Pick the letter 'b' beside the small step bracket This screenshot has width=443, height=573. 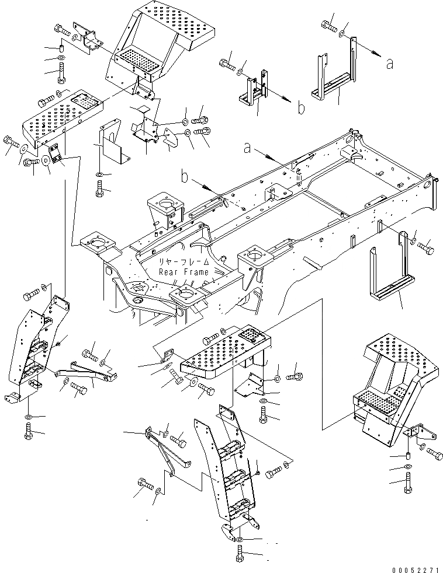pos(300,107)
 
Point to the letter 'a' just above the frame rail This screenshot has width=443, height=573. pos(248,149)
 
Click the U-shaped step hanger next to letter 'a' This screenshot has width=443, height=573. pos(331,79)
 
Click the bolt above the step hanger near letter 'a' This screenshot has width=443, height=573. pos(329,26)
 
